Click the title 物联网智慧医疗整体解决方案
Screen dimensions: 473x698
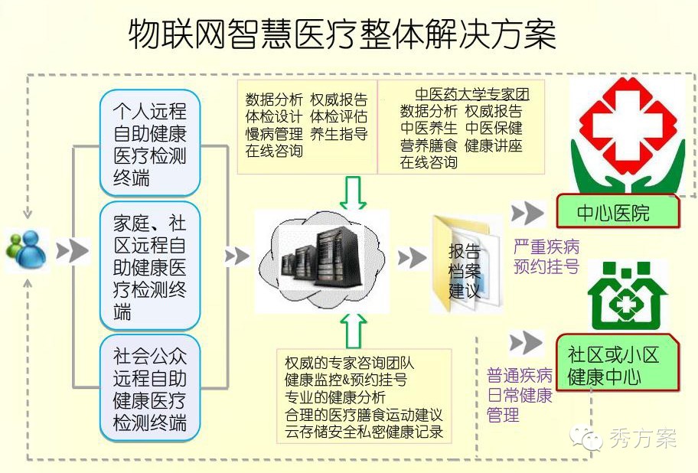click(x=341, y=35)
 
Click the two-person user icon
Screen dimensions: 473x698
click(x=25, y=250)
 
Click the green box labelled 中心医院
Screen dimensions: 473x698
click(x=617, y=212)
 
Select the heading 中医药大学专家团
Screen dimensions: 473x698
click(x=471, y=94)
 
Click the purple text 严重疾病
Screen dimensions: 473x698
click(x=547, y=247)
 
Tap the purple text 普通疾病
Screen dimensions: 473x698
click(x=520, y=376)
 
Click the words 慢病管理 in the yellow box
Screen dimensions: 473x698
click(x=274, y=134)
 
